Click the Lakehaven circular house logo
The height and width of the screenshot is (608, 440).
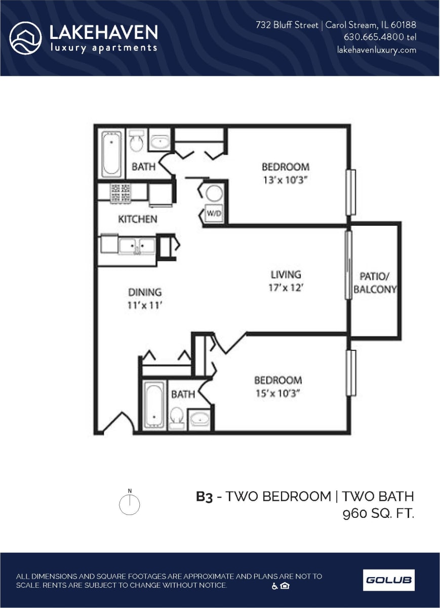click(25, 38)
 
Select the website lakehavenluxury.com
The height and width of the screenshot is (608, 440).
click(377, 50)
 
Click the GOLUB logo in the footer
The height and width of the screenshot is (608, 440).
click(388, 580)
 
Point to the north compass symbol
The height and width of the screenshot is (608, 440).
click(130, 504)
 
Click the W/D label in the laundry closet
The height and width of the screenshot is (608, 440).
click(214, 214)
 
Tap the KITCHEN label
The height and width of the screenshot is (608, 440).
click(138, 219)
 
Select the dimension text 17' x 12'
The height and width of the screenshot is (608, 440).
click(286, 288)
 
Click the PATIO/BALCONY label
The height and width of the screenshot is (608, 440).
click(375, 283)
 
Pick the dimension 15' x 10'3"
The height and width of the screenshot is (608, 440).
click(278, 393)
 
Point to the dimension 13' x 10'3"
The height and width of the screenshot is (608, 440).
click(285, 179)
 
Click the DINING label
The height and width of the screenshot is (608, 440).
click(144, 292)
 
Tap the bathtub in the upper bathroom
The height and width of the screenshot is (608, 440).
click(112, 153)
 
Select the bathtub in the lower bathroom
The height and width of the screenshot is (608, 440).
click(154, 405)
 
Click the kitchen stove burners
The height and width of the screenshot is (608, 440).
click(121, 193)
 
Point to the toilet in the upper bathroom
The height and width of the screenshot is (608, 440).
click(136, 142)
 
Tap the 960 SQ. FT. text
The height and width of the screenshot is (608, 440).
click(378, 514)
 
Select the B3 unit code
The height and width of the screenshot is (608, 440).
click(204, 497)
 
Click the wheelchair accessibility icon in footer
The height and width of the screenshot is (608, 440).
click(275, 586)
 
